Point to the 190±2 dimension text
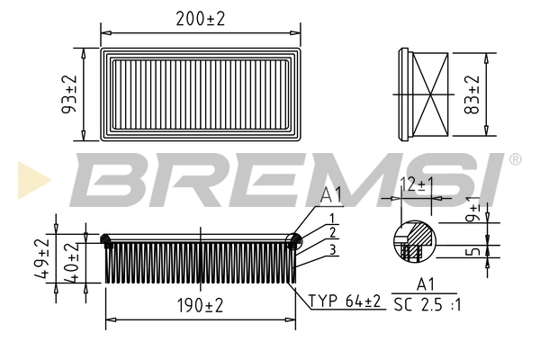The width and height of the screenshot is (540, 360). tap(200, 307)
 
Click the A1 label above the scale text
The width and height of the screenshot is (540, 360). tap(426, 286)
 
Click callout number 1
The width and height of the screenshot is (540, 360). tap(332, 218)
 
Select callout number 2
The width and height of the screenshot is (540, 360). tap(332, 233)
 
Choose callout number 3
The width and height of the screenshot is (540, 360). tap(332, 249)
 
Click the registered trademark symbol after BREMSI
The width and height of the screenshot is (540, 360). tap(515, 159)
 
